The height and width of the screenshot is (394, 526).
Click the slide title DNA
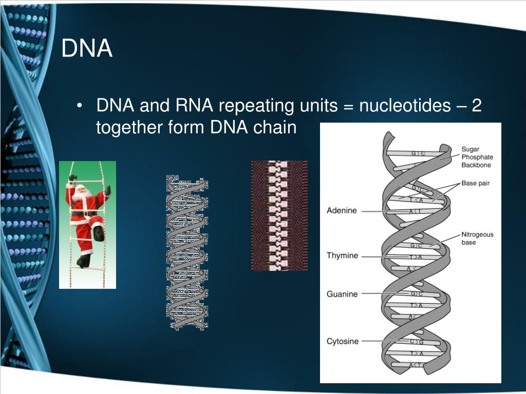[x=87, y=49]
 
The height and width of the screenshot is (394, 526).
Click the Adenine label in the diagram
[x=342, y=211]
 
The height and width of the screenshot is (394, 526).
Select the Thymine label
[x=342, y=255]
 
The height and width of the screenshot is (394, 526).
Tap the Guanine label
[x=342, y=294]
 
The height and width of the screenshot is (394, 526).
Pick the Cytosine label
[x=343, y=341]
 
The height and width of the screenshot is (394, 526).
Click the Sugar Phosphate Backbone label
[x=477, y=157]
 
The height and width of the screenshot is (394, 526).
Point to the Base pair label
[x=475, y=183]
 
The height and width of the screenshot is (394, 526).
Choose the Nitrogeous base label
[x=477, y=238]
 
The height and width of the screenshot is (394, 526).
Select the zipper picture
[x=279, y=215]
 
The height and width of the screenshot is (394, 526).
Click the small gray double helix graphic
[x=187, y=251]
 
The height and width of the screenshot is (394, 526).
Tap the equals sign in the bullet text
[x=349, y=107]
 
